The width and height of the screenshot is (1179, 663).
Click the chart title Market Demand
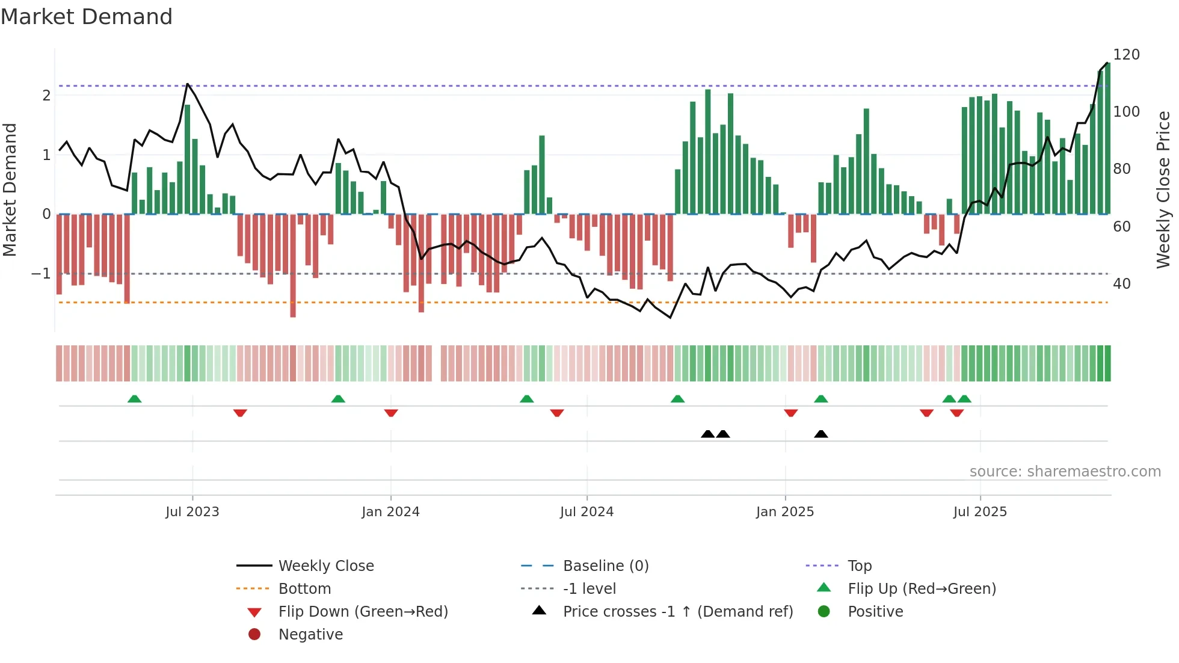point(87,17)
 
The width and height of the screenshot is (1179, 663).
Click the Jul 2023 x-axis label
point(192,512)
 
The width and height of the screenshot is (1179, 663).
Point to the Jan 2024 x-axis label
point(390,512)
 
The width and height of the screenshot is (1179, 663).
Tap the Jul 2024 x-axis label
point(586,512)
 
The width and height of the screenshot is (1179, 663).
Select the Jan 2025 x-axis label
point(784,512)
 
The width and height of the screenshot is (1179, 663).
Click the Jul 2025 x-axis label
point(980,512)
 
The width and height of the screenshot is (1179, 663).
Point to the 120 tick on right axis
point(1126,55)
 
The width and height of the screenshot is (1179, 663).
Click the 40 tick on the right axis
point(1121,283)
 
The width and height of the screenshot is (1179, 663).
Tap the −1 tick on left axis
point(41,274)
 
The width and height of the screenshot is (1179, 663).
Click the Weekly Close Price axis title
point(1163,190)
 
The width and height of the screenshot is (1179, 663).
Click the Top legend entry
point(859,566)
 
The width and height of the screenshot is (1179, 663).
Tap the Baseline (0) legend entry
point(605,566)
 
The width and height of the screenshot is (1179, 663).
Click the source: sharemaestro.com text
point(1065,472)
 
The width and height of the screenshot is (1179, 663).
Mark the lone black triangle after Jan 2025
point(820,434)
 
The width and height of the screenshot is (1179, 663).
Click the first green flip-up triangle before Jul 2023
point(134,399)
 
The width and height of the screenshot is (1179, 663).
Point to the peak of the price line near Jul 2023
point(188,84)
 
